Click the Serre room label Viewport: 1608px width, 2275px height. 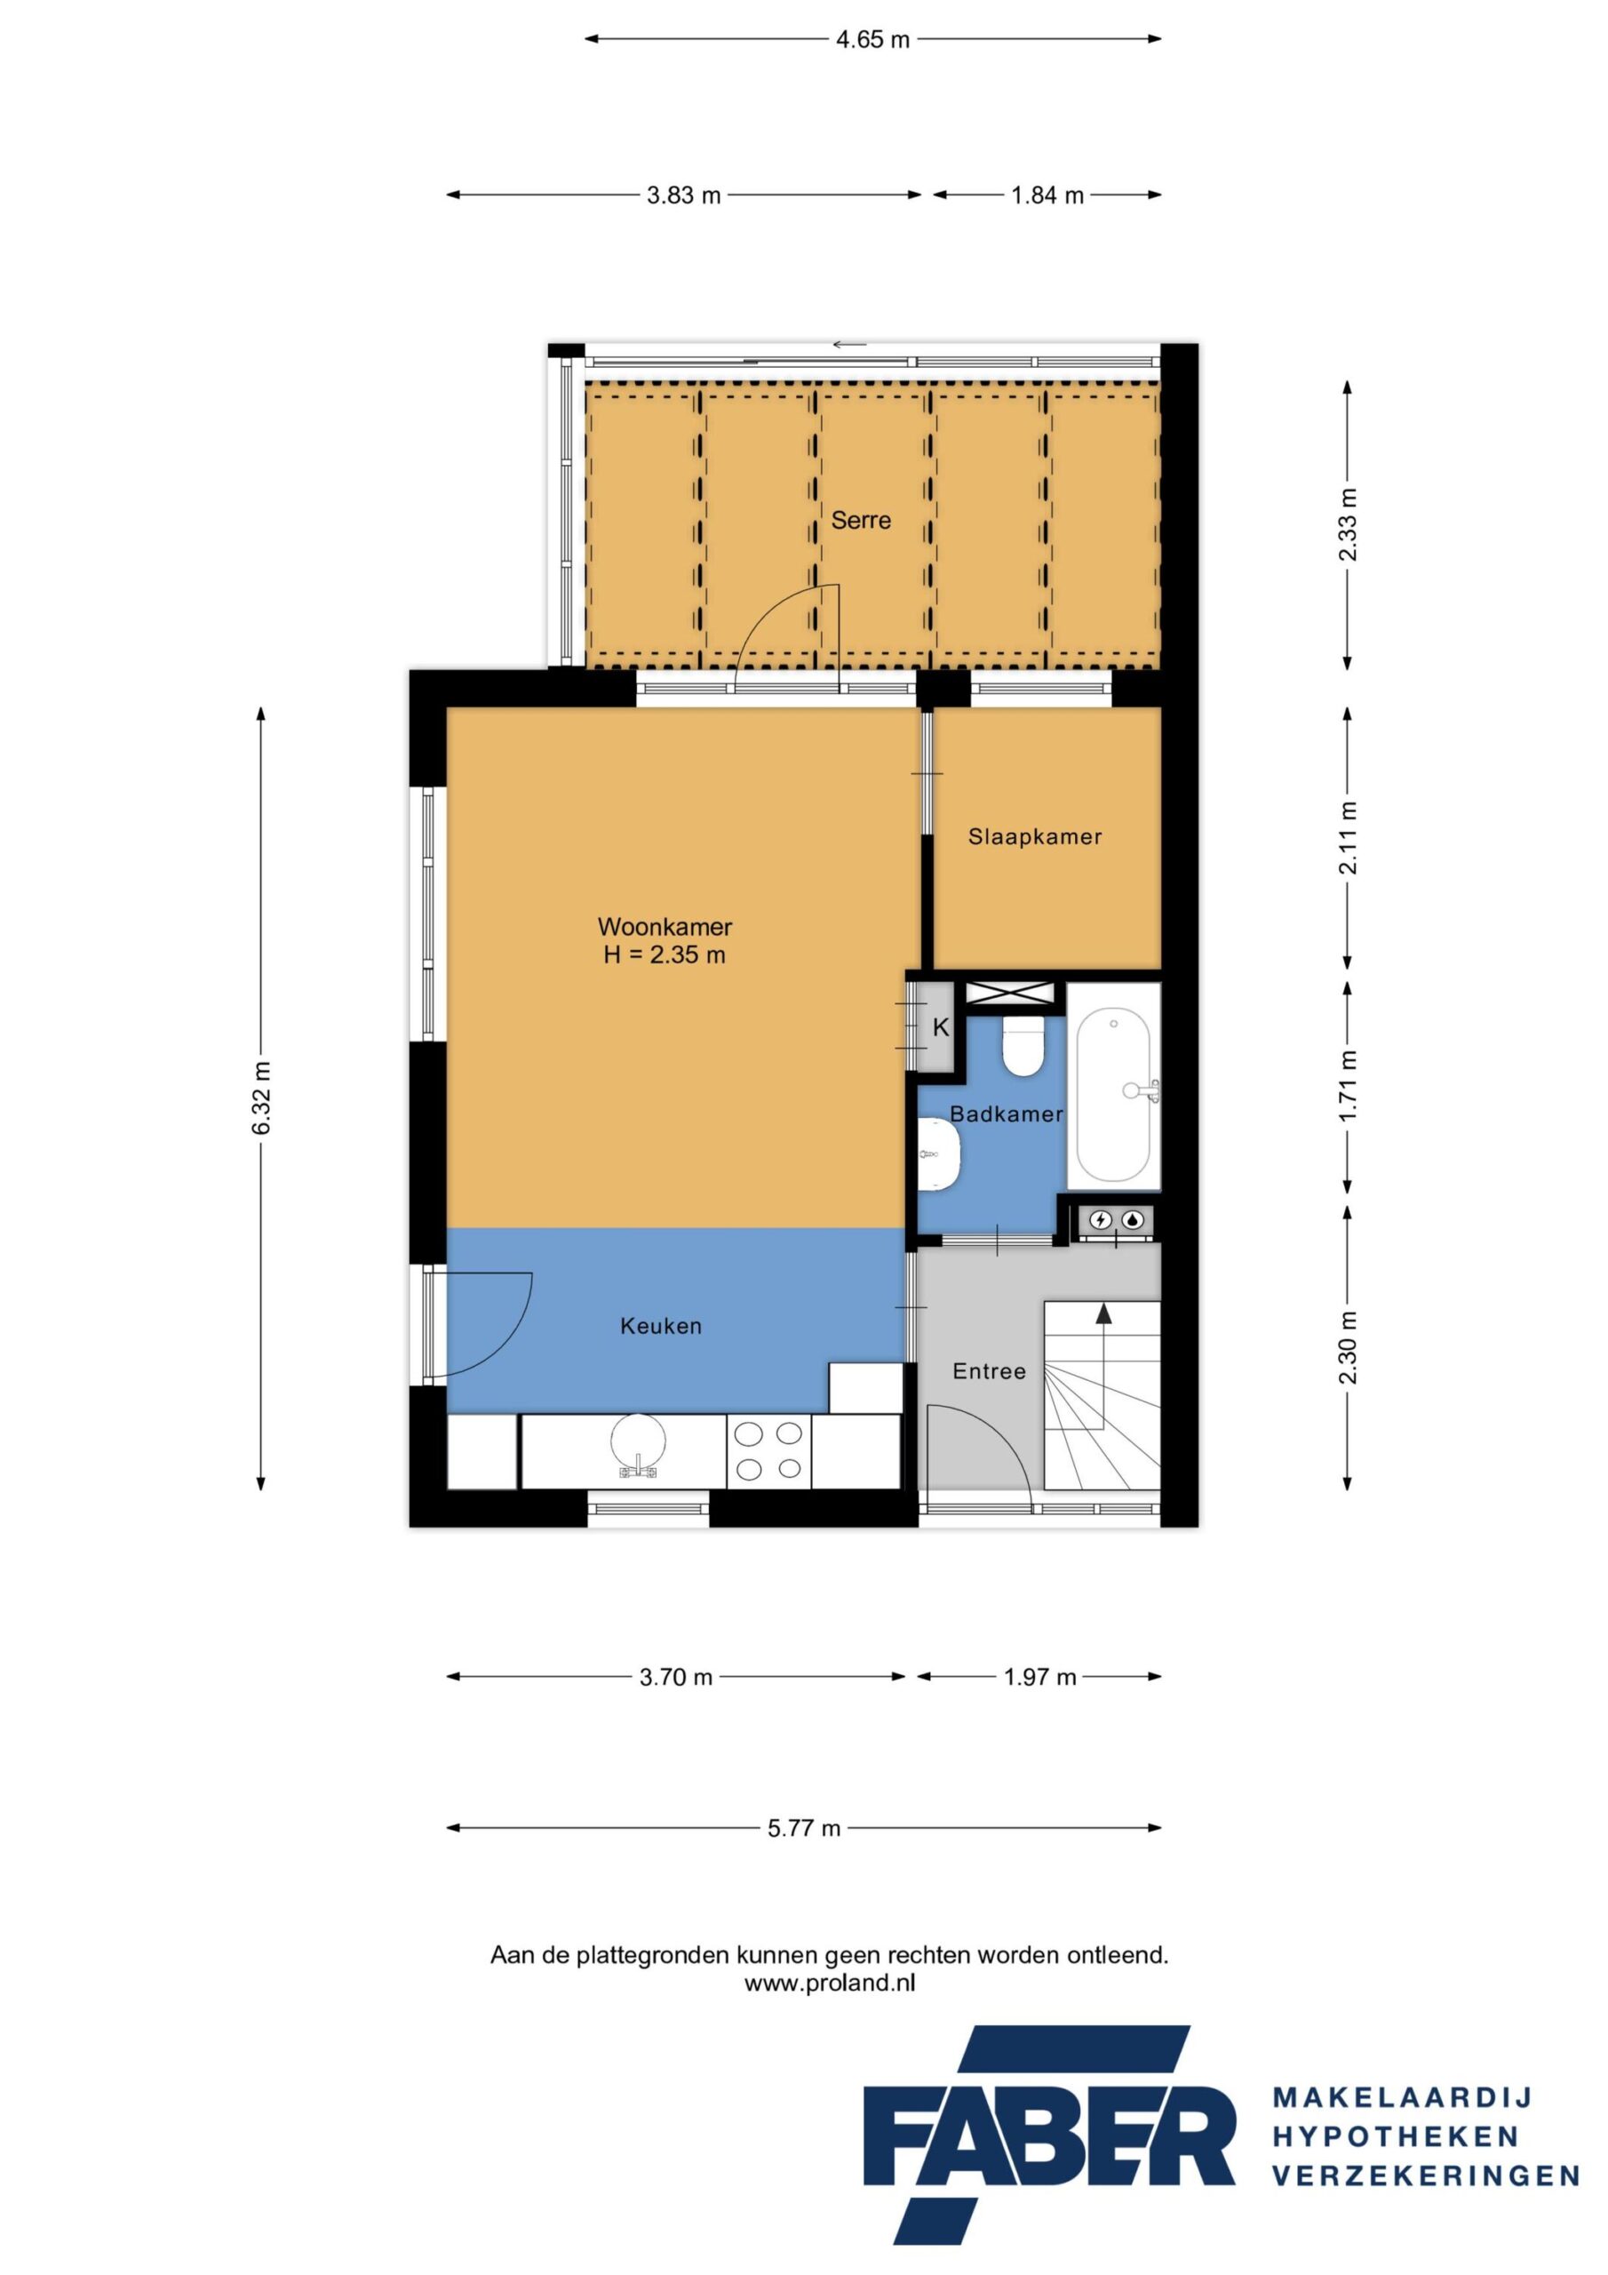coord(860,520)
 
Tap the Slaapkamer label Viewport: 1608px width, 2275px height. coord(1034,836)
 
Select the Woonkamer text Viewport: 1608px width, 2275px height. coord(664,927)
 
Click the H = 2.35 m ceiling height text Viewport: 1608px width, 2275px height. coord(664,955)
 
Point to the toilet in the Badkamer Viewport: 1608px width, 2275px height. coord(1021,1049)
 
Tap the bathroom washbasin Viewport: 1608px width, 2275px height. coord(938,1153)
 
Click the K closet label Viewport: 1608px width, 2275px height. coord(940,1027)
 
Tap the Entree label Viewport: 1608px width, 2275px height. coord(988,1371)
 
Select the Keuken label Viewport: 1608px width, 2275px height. coord(661,1326)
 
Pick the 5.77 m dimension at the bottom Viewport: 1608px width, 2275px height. coord(803,1828)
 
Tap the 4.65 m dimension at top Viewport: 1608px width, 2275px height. coord(872,40)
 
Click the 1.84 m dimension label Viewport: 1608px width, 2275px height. coord(1047,196)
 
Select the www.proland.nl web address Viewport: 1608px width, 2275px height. coord(829,1984)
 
